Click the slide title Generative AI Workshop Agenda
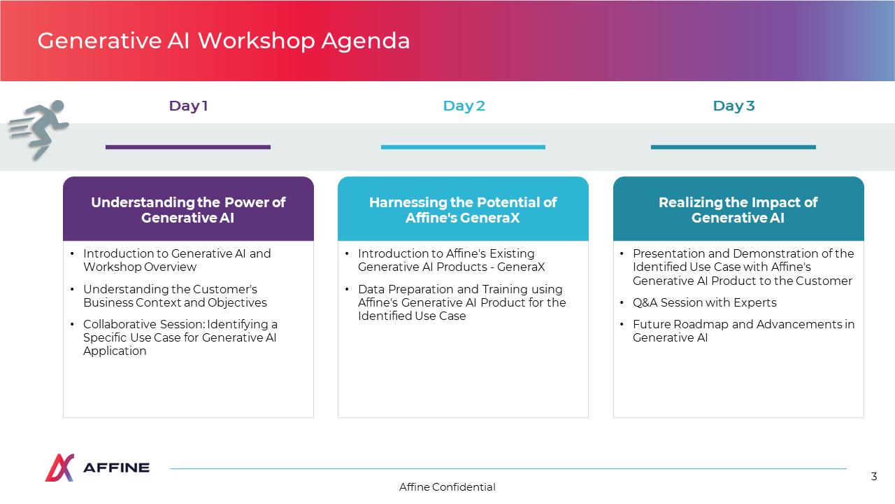224,41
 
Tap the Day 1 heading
188,106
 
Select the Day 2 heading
464,106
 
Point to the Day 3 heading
733,106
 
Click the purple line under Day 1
188,147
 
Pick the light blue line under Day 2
463,147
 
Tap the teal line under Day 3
733,147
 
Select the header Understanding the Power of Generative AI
188,210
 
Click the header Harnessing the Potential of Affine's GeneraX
463,210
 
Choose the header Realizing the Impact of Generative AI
738,210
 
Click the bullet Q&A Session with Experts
704,303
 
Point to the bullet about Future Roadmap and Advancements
743,331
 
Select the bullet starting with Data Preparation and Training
462,302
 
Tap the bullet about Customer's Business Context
175,295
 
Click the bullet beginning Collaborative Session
180,337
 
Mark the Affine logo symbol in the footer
59,467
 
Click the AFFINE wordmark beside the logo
116,468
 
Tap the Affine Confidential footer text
447,486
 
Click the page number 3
874,477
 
